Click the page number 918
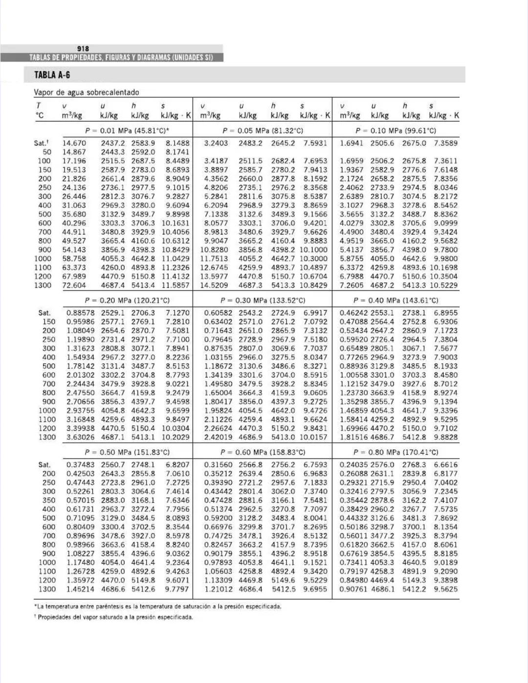(83, 48)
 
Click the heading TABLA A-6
(52, 75)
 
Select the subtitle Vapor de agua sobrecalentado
(86, 92)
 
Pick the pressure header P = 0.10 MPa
(396, 131)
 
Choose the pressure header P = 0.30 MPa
(263, 300)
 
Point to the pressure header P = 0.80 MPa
(396, 452)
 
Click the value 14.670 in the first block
(74, 143)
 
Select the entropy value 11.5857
(175, 285)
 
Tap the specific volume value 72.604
(74, 285)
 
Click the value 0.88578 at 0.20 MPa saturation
(81, 313)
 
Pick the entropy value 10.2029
(175, 437)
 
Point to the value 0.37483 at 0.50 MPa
(81, 465)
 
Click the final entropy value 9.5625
(445, 589)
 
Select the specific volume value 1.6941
(351, 143)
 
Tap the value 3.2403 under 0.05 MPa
(216, 143)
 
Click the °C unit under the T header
(40, 115)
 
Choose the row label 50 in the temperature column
(47, 152)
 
